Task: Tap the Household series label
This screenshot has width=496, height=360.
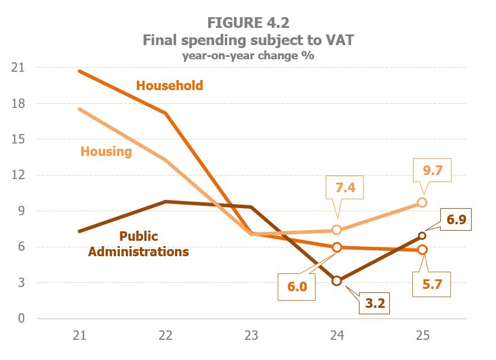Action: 170,85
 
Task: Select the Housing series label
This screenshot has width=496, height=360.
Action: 106,151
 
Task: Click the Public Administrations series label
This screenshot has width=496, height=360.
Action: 138,244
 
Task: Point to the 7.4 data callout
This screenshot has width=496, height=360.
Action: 344,189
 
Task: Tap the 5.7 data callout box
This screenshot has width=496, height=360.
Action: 431,287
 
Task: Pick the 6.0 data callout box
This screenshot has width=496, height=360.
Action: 297,286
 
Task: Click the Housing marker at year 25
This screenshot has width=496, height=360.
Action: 422,202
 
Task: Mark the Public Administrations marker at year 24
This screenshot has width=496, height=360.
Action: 337,281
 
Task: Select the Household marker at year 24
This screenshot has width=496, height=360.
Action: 337,247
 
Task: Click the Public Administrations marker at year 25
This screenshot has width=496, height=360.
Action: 422,235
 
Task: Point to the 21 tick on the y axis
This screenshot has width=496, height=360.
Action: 18,68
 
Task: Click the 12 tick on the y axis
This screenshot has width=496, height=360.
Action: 18,175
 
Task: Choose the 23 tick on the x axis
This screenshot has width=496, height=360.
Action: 251,336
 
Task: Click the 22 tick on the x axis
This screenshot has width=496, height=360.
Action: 166,336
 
